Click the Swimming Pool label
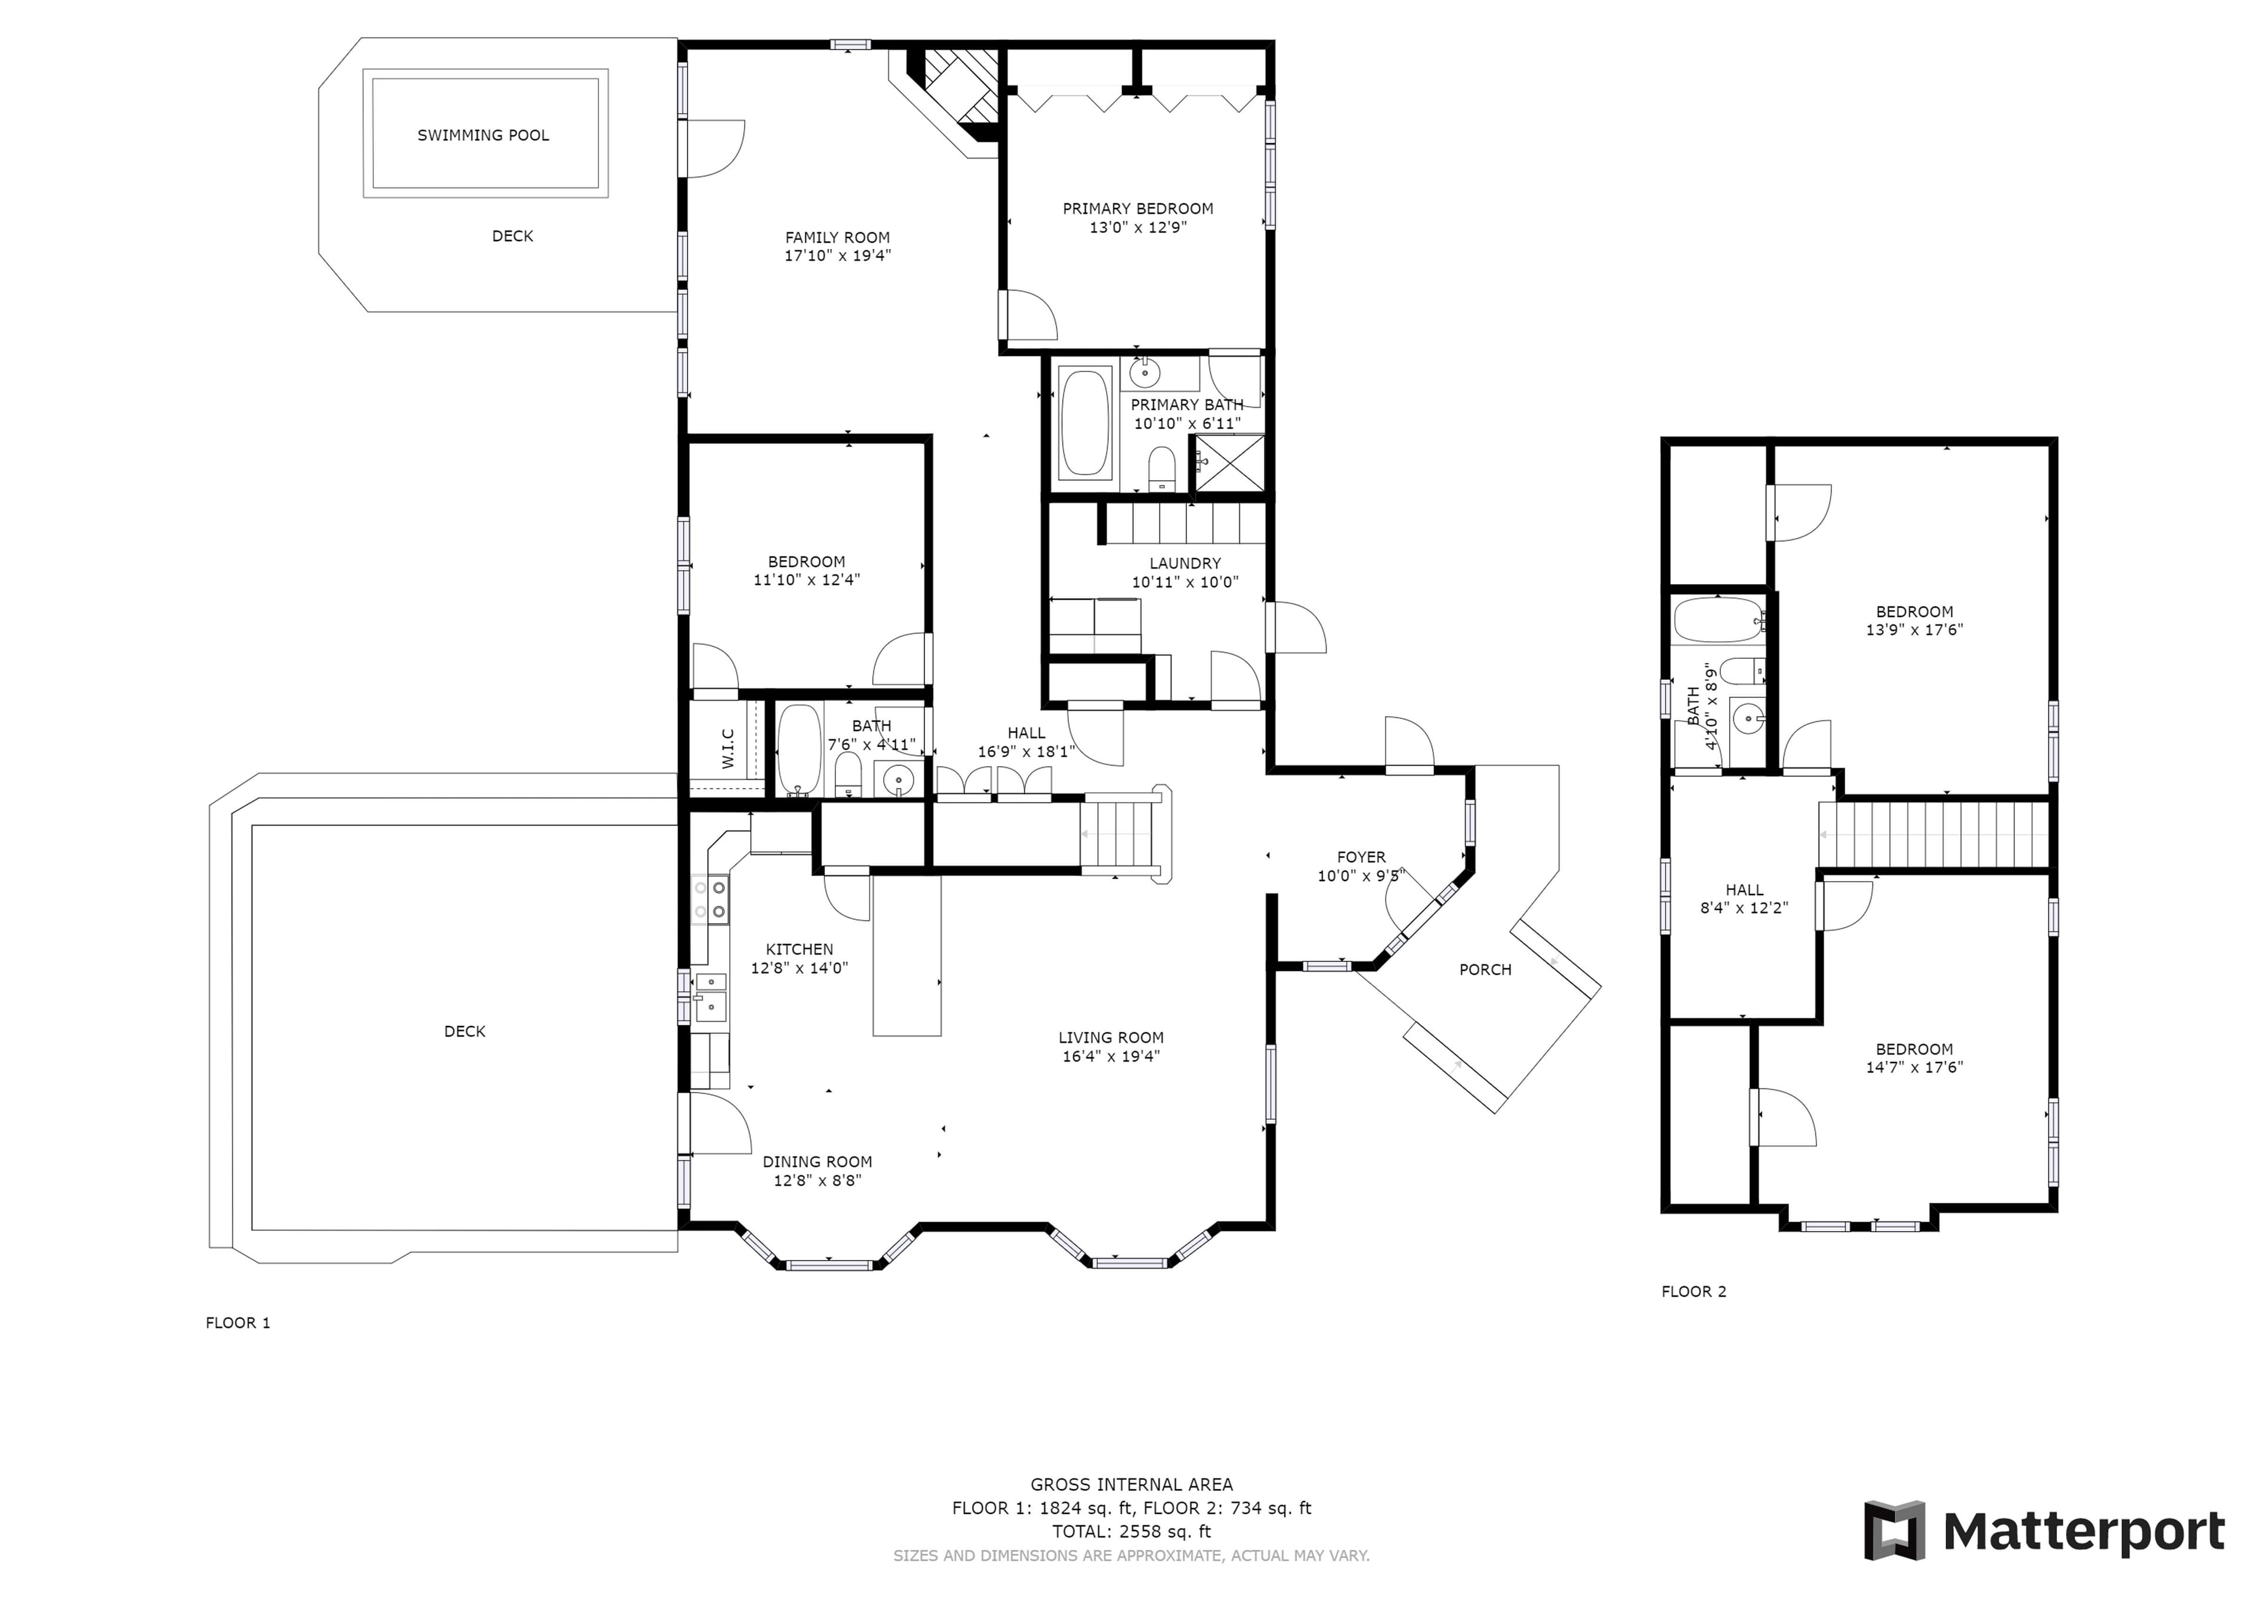[x=483, y=135]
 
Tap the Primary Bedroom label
[x=1138, y=208]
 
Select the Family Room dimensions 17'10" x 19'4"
[x=838, y=255]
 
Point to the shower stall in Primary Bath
[x=1229, y=463]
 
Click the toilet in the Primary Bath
[x=1163, y=469]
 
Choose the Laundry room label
[x=1185, y=563]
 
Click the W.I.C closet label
[x=728, y=748]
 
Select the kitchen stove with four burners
[x=710, y=899]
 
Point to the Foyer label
[x=1362, y=857]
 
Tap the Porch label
[x=1485, y=969]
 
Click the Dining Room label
[x=817, y=1162]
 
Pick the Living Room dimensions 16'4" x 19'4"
[x=1111, y=1056]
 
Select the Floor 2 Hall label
[x=1745, y=889]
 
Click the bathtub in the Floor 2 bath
[x=1717, y=620]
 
